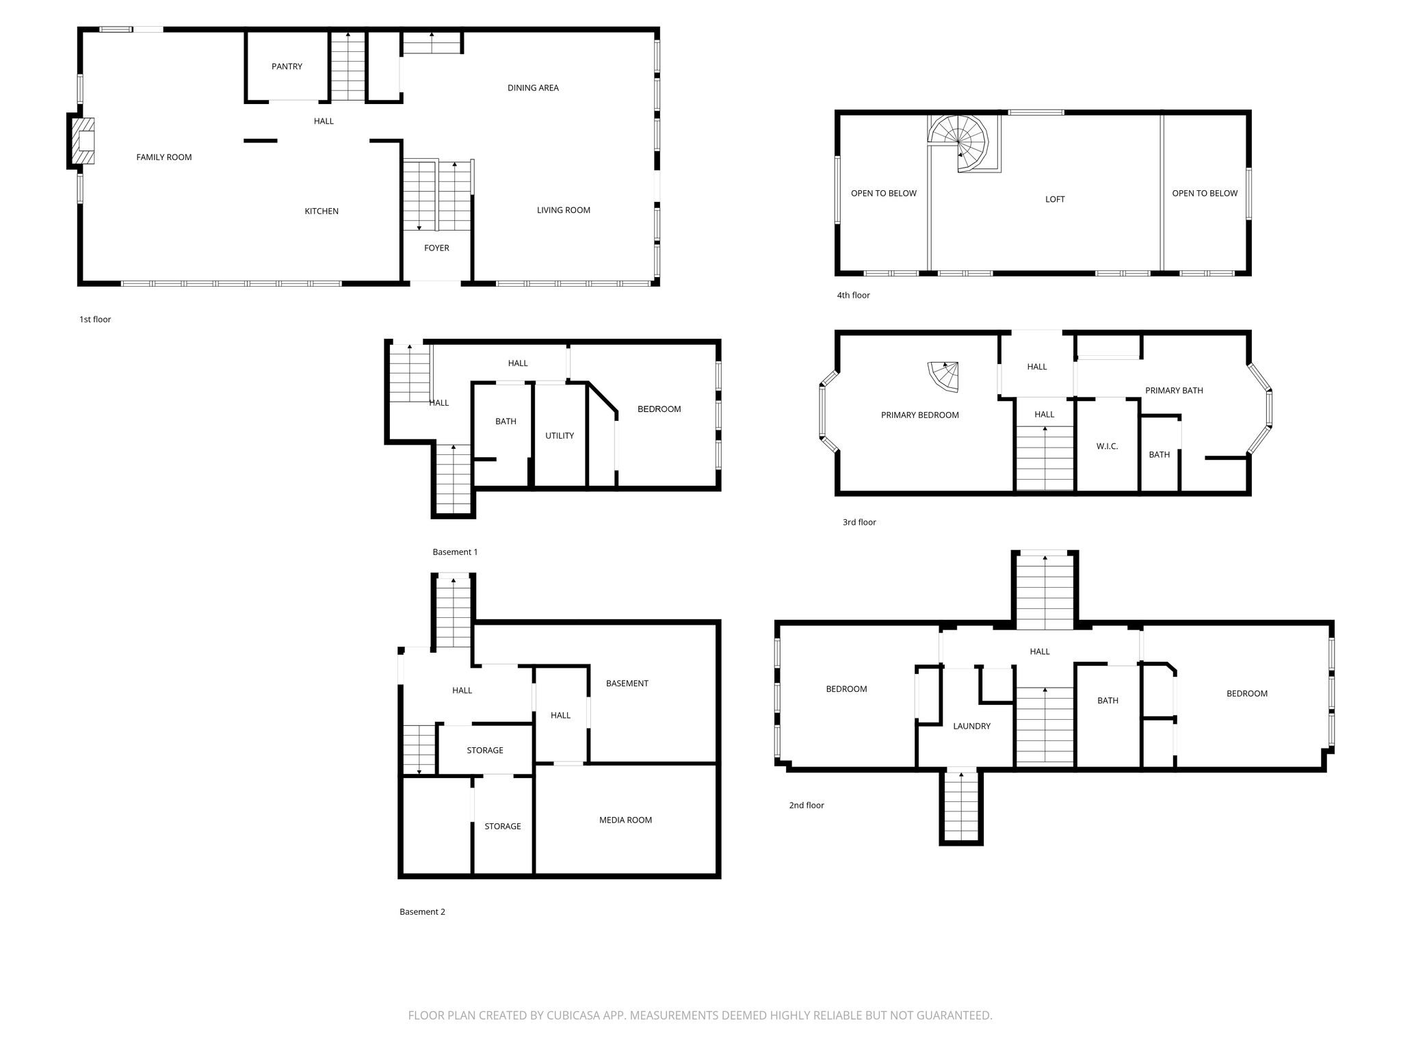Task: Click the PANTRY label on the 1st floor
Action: [287, 66]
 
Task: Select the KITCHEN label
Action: [322, 211]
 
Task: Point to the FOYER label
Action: [436, 248]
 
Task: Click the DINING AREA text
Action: [533, 88]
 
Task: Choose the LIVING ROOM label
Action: [564, 210]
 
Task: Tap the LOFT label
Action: [1055, 199]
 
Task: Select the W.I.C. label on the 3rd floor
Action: [1107, 446]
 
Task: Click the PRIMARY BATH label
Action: [1174, 391]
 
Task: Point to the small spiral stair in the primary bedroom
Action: [943, 377]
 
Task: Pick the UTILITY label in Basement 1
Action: [560, 436]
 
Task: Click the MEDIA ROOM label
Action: [625, 820]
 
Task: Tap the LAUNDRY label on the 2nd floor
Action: [971, 726]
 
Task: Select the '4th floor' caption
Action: [853, 296]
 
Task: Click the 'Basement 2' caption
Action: [422, 911]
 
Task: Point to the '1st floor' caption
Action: [95, 320]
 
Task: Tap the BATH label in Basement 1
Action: [506, 421]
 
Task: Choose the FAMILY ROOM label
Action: [164, 157]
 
